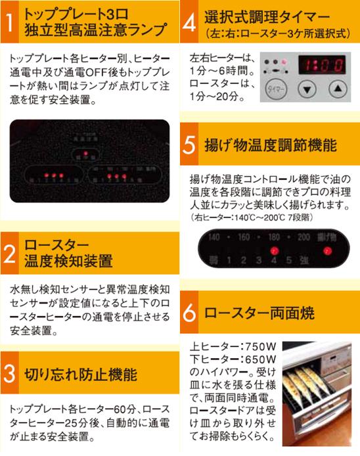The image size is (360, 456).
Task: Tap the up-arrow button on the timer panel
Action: pos(336,88)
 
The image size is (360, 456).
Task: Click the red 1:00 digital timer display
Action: pos(321,64)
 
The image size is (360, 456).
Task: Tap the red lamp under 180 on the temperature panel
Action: pos(273,250)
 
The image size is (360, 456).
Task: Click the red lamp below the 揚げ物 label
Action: pos(326,250)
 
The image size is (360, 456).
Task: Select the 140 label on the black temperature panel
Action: pos(214,237)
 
